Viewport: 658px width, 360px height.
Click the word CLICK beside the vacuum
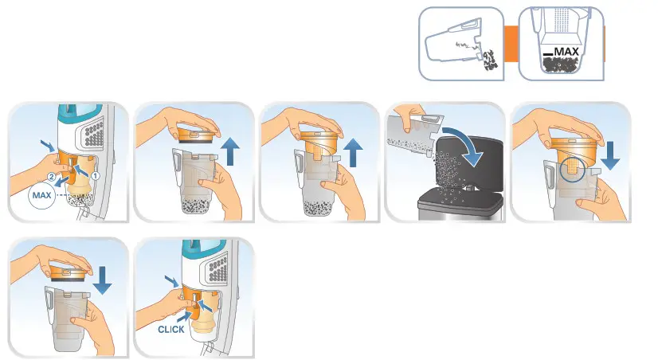[x=171, y=327]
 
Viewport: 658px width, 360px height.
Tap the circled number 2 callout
[x=53, y=177]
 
